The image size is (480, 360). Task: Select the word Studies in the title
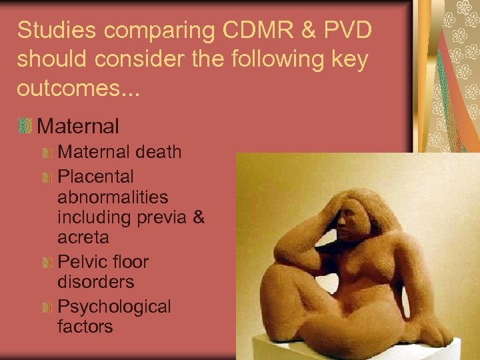(x=55, y=30)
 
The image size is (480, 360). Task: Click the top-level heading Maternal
(x=79, y=125)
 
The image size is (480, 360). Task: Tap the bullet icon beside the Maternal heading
(x=26, y=125)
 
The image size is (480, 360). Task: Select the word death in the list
(x=159, y=152)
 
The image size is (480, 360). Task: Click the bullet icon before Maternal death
(x=47, y=153)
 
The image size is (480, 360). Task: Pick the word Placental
(x=96, y=177)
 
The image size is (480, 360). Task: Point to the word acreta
(x=83, y=237)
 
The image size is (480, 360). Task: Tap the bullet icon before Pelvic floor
(x=47, y=263)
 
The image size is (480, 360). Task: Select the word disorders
(x=96, y=281)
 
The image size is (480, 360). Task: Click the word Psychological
(x=115, y=307)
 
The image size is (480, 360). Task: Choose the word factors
(x=85, y=327)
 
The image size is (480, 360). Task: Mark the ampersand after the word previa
(x=197, y=217)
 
